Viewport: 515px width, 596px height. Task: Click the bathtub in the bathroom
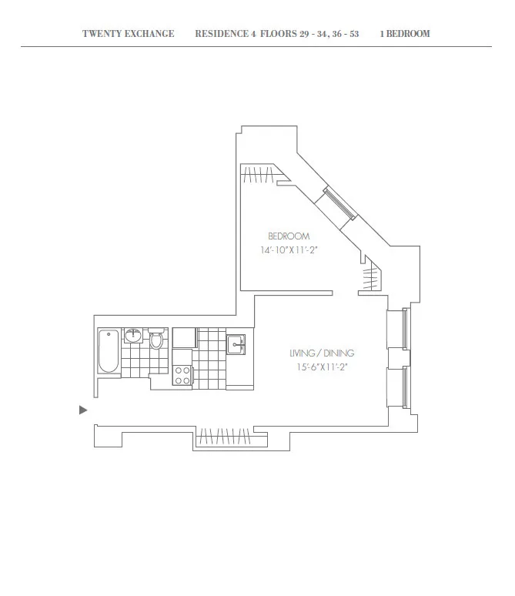109,353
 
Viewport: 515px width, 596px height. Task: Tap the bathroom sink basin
134,335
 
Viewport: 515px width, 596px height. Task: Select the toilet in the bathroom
157,340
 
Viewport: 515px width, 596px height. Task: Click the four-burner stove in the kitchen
183,375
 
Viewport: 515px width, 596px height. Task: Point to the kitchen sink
236,343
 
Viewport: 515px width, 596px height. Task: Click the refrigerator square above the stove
185,339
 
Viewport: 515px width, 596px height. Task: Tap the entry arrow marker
83,410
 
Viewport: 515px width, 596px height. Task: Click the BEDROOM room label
289,236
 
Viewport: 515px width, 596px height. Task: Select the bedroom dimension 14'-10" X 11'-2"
289,250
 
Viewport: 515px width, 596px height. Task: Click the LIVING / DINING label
322,353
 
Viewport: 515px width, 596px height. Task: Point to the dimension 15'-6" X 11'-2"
322,367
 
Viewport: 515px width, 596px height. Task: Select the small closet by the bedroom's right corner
373,276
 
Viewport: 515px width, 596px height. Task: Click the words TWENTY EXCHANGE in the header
128,34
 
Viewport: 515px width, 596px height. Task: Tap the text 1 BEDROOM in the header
405,34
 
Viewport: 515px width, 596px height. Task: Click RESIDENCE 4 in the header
226,34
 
